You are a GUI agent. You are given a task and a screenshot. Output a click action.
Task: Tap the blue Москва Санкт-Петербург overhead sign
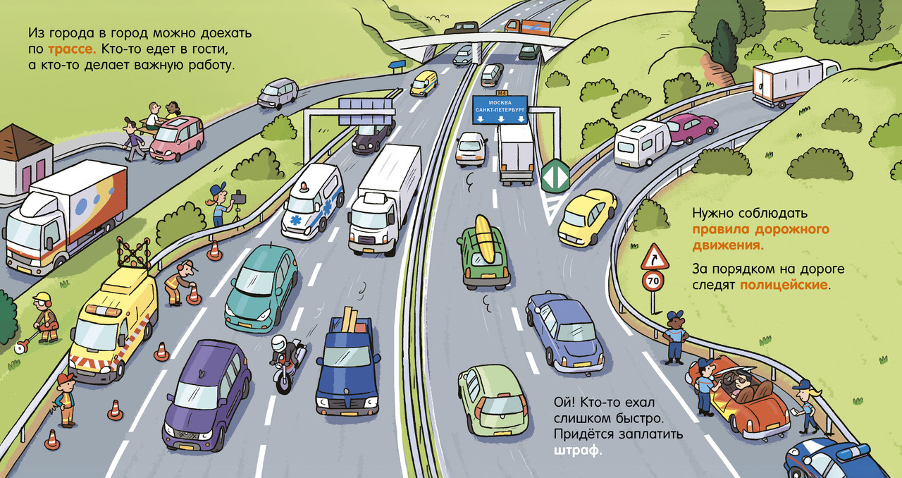click(501, 109)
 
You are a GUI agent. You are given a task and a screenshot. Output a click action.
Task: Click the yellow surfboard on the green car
click(485, 236)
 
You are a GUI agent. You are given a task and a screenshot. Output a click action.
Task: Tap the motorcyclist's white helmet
click(279, 343)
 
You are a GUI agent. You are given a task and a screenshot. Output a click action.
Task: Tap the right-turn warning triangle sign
click(655, 257)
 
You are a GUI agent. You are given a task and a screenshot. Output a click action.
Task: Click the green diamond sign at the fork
click(555, 176)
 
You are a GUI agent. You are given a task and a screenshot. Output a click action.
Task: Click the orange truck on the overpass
click(527, 27)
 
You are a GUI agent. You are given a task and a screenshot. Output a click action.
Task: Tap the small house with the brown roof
click(24, 159)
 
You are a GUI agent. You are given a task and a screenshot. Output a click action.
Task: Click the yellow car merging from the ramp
click(586, 216)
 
